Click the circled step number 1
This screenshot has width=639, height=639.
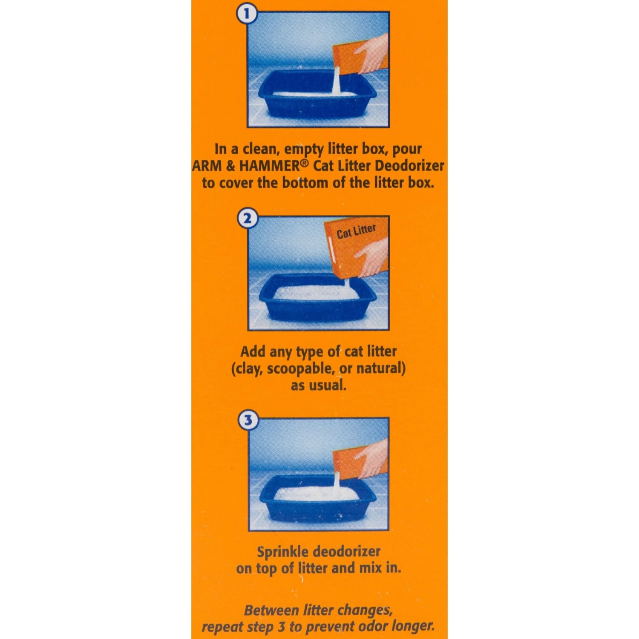pos(247,14)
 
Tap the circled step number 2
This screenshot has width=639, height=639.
pos(248,219)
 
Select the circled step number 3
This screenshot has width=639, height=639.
pos(248,420)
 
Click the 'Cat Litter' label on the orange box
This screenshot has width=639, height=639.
pos(356,231)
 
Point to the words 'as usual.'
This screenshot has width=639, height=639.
pos(319,386)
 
